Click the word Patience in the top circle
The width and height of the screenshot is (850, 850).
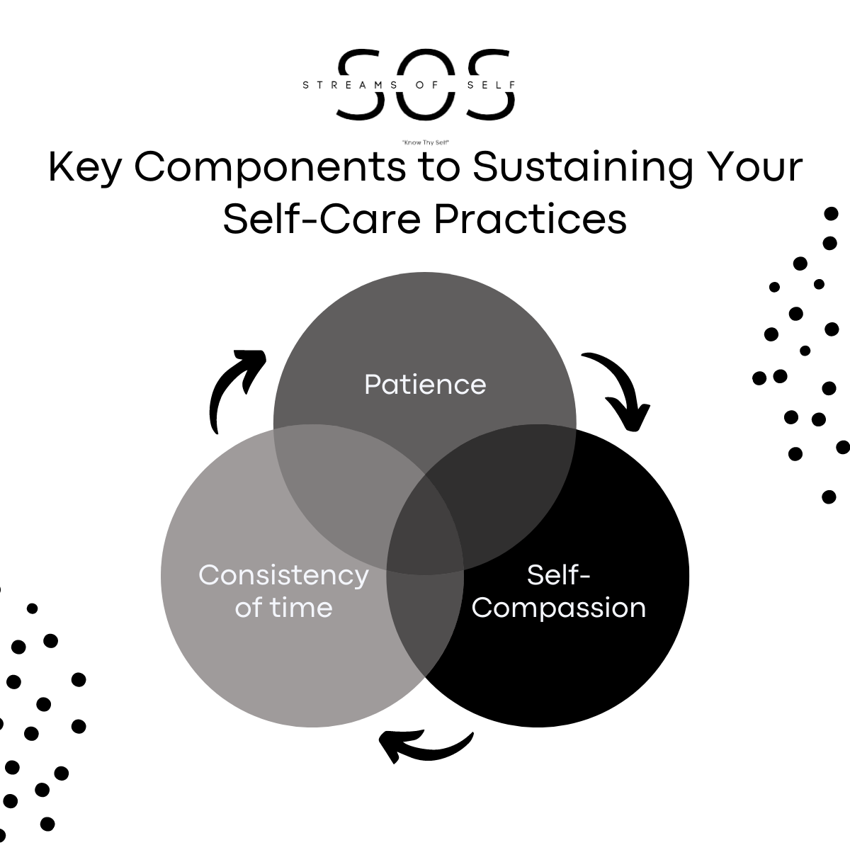pyautogui.click(x=425, y=385)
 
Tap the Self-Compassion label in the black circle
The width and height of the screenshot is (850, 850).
pyautogui.click(x=559, y=591)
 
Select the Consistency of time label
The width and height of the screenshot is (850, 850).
pyautogui.click(x=283, y=591)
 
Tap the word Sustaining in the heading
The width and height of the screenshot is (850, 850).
pyautogui.click(x=582, y=168)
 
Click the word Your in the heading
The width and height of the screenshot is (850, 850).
pyautogui.click(x=757, y=168)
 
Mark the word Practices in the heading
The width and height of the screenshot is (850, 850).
pyautogui.click(x=531, y=219)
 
